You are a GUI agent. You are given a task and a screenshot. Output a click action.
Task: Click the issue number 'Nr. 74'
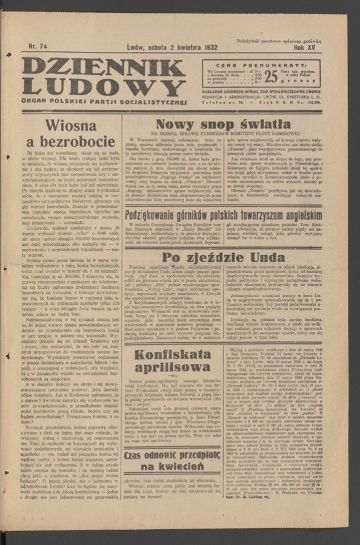[38, 46]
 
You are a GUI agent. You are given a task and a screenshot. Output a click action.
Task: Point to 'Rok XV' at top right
[307, 47]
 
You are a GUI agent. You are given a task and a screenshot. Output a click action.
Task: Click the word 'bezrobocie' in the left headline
[71, 143]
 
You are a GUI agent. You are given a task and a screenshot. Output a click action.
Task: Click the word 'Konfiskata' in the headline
[173, 355]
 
